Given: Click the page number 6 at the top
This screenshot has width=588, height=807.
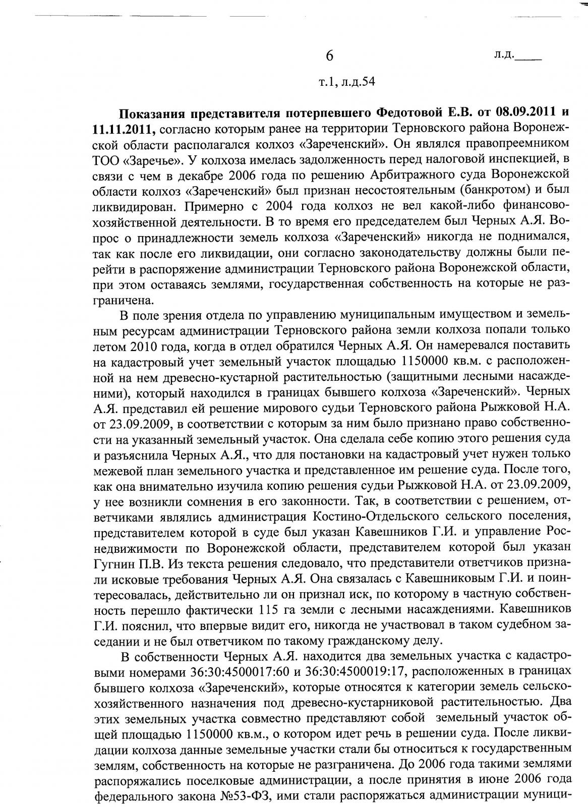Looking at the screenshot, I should pos(330,56).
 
